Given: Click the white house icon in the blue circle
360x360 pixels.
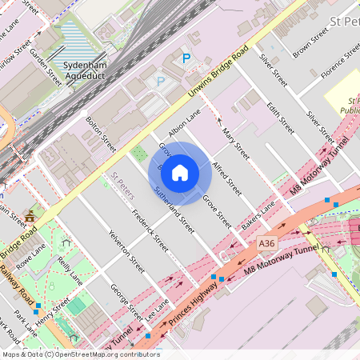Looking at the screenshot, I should tap(180, 173).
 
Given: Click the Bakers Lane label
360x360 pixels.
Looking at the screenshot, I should tap(258, 215).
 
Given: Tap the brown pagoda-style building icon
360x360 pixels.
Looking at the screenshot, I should tap(30, 216).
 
